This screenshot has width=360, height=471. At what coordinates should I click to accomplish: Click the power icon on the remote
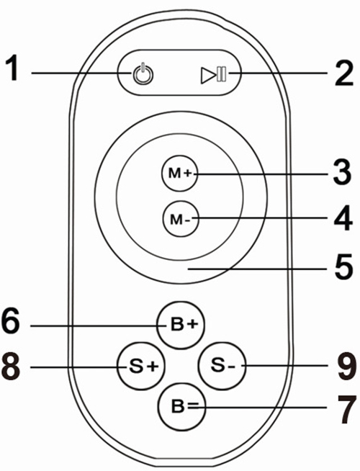click(x=143, y=73)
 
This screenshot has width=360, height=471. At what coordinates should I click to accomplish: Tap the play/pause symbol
click(x=214, y=75)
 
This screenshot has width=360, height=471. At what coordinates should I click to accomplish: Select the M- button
click(x=181, y=218)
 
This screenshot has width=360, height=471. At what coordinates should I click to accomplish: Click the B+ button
click(x=181, y=326)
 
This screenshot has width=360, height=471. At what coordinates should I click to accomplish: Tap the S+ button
click(x=141, y=367)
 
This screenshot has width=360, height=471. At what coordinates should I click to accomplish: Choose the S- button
click(x=222, y=365)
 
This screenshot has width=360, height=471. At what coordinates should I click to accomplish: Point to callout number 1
click(x=12, y=68)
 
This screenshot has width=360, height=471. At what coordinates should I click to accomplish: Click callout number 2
click(x=344, y=74)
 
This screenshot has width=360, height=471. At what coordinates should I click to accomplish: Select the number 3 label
click(x=343, y=172)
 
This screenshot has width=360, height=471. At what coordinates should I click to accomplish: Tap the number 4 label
click(x=343, y=218)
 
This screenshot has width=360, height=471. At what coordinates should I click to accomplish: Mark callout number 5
click(x=344, y=267)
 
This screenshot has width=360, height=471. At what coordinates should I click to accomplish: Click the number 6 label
click(x=11, y=320)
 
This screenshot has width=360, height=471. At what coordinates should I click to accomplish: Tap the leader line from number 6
click(x=98, y=326)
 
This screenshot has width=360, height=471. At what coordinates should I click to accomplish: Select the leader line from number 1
click(x=81, y=73)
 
